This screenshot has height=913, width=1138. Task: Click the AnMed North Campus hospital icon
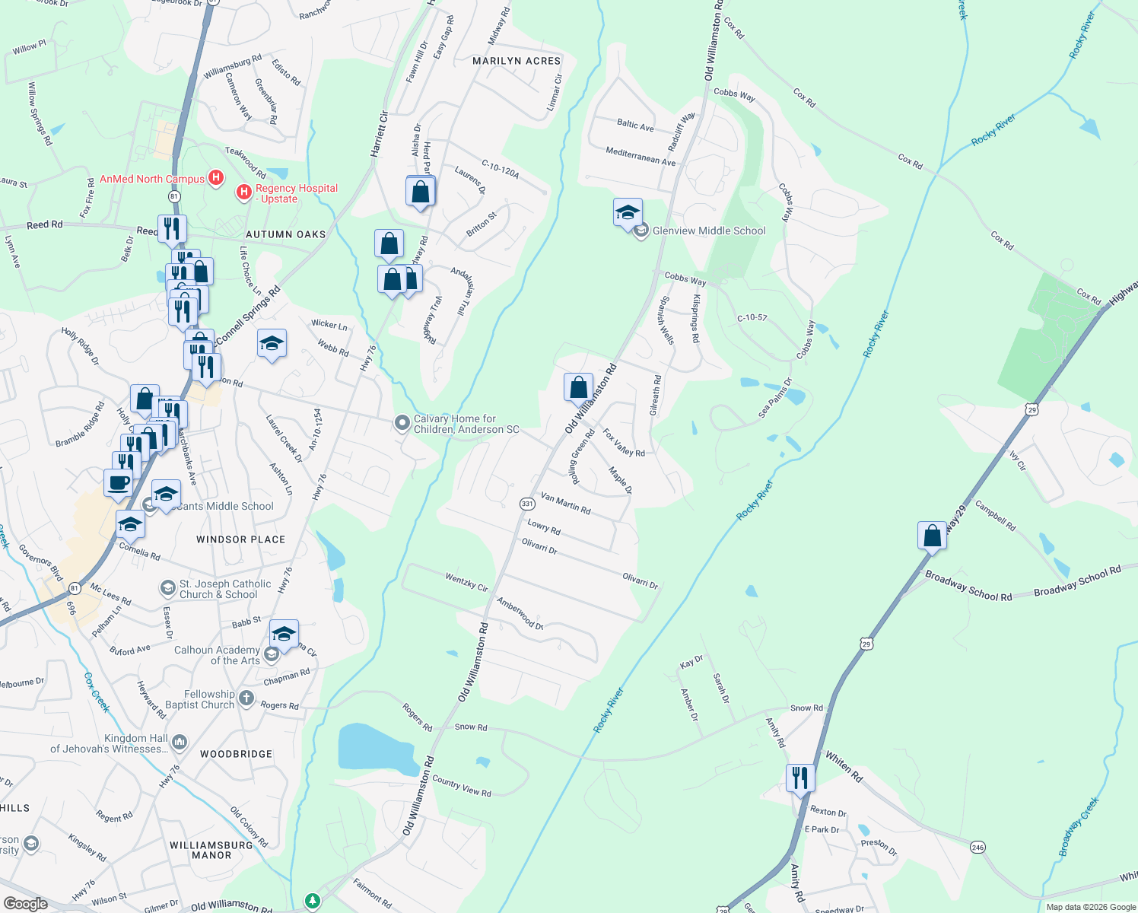(x=216, y=179)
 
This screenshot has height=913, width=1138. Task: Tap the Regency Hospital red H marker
(x=244, y=192)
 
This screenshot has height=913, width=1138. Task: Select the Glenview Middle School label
(x=708, y=231)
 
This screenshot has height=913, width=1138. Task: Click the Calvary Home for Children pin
(x=402, y=423)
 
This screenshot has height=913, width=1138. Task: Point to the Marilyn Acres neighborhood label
(x=517, y=61)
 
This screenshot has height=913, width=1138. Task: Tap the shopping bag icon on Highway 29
(x=932, y=536)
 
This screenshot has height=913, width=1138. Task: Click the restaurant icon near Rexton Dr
(x=799, y=778)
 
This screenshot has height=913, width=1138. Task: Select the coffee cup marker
(x=118, y=483)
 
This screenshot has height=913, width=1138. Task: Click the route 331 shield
(x=527, y=504)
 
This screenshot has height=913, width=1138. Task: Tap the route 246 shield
(x=977, y=847)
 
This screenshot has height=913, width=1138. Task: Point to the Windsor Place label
(x=240, y=539)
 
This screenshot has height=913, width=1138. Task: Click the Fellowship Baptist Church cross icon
(x=246, y=698)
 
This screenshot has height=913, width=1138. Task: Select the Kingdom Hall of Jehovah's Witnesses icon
(x=180, y=742)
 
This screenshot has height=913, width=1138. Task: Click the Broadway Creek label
(x=1079, y=826)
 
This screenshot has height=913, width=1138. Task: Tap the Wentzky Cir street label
(x=466, y=583)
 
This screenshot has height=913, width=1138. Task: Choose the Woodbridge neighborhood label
(x=236, y=754)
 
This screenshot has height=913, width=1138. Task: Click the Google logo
(x=26, y=903)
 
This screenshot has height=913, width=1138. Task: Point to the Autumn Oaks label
(x=285, y=234)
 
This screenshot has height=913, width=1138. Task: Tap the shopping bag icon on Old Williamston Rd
(x=578, y=387)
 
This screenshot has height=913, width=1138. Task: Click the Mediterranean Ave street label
(x=641, y=157)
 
